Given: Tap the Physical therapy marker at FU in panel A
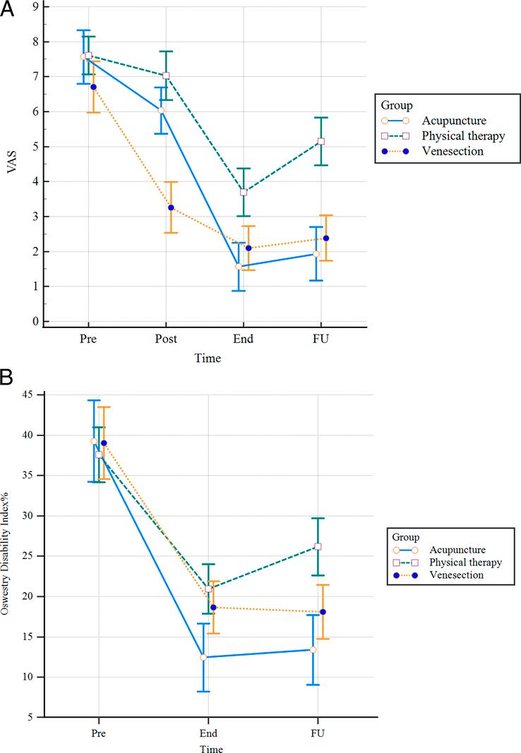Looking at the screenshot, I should pyautogui.click(x=321, y=141).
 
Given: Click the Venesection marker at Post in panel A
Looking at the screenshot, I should pyautogui.click(x=171, y=207).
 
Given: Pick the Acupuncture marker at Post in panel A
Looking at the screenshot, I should pyautogui.click(x=161, y=110).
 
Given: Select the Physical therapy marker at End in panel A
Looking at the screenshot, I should pyautogui.click(x=244, y=192).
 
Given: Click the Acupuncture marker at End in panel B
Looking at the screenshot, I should pyautogui.click(x=203, y=657).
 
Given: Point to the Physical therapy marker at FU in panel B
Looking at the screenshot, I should pyautogui.click(x=318, y=546).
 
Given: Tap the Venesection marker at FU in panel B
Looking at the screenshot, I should pyautogui.click(x=323, y=612).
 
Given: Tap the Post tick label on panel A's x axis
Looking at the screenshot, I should pyautogui.click(x=166, y=339).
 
